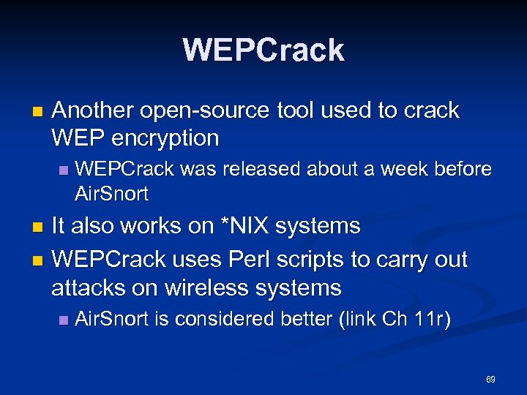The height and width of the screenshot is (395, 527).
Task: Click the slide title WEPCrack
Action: [263, 50]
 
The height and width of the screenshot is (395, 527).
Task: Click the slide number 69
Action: [490, 380]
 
